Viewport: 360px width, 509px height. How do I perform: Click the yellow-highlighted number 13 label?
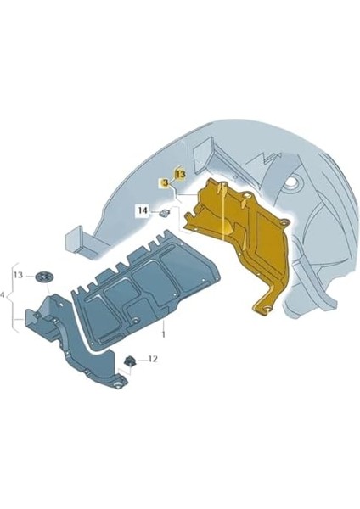(181, 174)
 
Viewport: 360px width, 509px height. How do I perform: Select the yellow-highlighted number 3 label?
(165, 184)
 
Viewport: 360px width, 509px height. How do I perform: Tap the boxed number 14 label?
(143, 210)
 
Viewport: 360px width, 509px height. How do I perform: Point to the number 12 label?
(153, 359)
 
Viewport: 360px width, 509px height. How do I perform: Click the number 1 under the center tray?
(163, 334)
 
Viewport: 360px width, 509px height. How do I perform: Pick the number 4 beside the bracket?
(2, 295)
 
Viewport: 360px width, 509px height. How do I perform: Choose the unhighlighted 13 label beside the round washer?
(18, 275)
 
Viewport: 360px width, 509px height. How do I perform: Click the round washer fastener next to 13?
(42, 277)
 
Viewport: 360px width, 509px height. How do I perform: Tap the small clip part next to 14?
(165, 213)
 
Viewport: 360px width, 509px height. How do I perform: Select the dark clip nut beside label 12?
(130, 361)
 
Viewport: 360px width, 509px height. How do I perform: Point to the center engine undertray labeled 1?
(144, 289)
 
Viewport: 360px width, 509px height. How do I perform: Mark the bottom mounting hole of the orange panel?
(267, 309)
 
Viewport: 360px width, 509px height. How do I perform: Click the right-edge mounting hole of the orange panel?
(284, 222)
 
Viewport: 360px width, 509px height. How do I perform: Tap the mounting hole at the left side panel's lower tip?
(118, 386)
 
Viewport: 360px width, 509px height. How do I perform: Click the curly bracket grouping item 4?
(13, 297)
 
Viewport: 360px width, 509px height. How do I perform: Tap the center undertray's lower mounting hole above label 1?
(135, 321)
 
